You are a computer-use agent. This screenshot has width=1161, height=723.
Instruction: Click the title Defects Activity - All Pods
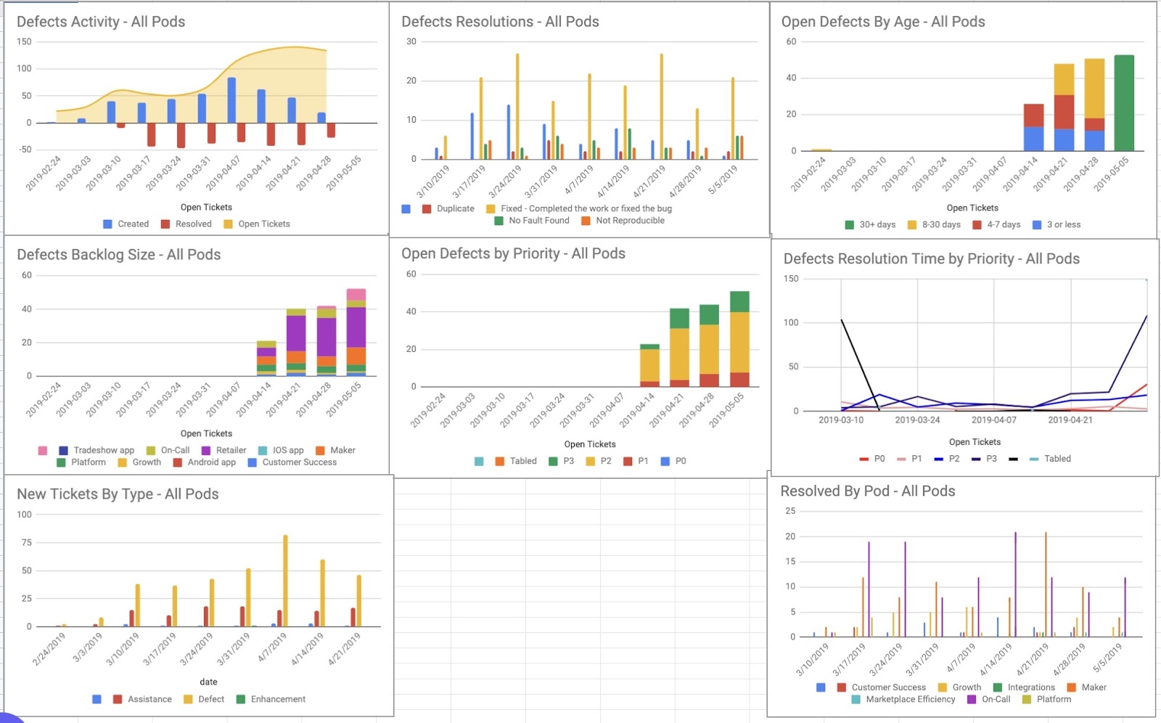pos(101,22)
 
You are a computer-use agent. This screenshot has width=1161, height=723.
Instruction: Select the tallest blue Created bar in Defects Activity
pos(231,100)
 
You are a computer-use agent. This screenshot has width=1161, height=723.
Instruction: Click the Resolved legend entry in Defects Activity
pos(186,224)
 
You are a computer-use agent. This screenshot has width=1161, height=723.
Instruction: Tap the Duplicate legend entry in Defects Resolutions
pos(448,208)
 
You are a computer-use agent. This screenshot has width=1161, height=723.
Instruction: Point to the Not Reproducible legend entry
pos(623,221)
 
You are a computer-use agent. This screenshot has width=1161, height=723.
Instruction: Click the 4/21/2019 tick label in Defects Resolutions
pos(649,181)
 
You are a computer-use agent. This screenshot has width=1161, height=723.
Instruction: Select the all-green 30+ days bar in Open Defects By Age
pos(1124,102)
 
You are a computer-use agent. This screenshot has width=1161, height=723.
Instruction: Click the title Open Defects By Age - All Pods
pos(882,22)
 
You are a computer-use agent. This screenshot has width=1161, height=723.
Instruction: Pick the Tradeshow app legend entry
pos(97,450)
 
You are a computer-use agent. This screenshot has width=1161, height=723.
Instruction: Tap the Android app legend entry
pos(204,462)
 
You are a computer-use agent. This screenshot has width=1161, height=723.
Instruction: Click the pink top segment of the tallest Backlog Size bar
pos(356,295)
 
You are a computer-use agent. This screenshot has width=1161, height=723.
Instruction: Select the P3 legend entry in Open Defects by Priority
pos(562,461)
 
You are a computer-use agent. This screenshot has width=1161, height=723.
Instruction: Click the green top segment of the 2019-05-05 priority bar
pos(739,302)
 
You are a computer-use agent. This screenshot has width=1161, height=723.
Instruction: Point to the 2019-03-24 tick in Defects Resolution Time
pos(917,420)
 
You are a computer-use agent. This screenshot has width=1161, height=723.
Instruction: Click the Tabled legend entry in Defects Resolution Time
pos(1049,459)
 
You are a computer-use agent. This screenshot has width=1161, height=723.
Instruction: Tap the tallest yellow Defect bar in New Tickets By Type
pos(285,581)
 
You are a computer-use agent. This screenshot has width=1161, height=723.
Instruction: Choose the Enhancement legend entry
pos(271,699)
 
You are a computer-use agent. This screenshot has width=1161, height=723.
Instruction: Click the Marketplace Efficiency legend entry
pos(903,699)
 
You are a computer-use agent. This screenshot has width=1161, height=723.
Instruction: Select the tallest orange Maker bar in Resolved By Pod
pos(1046,584)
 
